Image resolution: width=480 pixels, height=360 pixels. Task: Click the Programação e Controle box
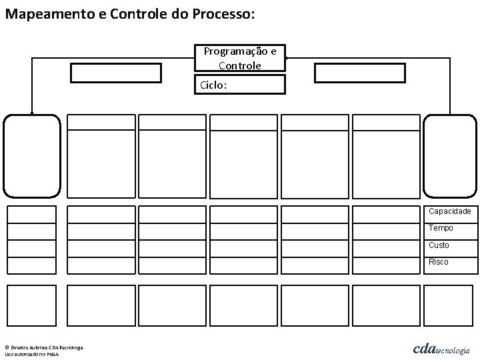pos(239,58)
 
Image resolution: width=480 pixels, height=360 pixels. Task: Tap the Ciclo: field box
pos(239,85)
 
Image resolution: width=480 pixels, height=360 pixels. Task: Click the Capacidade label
pos(450,211)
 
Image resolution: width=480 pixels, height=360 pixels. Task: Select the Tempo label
pos(441,228)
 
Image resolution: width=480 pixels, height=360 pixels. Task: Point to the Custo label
pos(439,245)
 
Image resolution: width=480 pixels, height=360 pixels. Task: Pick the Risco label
pos(439,262)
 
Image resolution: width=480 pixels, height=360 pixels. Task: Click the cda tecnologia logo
pos(441,349)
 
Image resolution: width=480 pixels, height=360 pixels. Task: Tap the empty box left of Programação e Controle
pos(116,72)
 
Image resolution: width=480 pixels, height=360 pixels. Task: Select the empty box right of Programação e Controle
pos(359,72)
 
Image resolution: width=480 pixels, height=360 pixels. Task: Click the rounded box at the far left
pos(32,156)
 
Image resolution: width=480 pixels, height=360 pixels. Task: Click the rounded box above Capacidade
pos(451,156)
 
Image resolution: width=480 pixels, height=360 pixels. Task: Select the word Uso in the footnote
pos(9,354)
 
